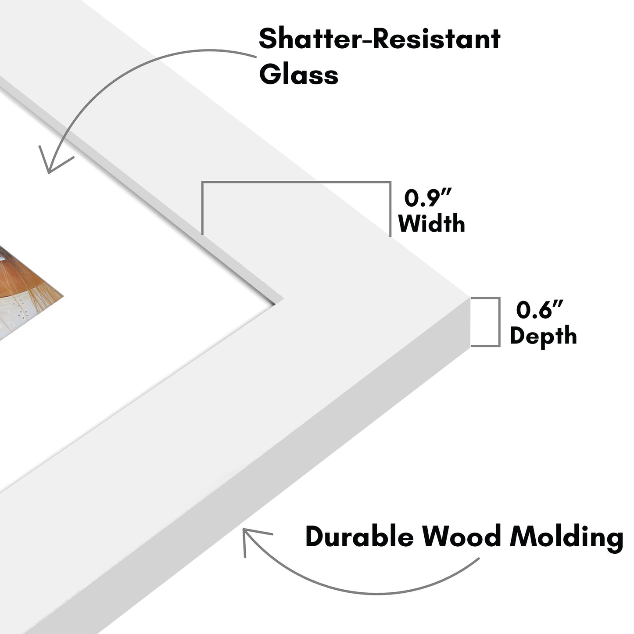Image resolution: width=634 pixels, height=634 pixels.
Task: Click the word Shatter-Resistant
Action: (x=380, y=39)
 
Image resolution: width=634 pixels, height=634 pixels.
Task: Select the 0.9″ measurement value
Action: (x=428, y=198)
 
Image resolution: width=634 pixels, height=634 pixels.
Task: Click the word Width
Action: (x=431, y=223)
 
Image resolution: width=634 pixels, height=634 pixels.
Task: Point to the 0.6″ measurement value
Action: (x=539, y=310)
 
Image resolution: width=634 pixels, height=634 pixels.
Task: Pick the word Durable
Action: (x=359, y=536)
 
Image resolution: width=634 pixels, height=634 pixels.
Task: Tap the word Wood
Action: (x=461, y=536)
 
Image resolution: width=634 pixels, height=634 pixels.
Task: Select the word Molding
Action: (x=566, y=537)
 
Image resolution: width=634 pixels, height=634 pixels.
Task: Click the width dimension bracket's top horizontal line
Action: (x=296, y=182)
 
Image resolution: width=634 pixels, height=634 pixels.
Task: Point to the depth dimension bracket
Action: (x=498, y=322)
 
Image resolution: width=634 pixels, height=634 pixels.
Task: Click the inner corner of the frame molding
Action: (x=281, y=300)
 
